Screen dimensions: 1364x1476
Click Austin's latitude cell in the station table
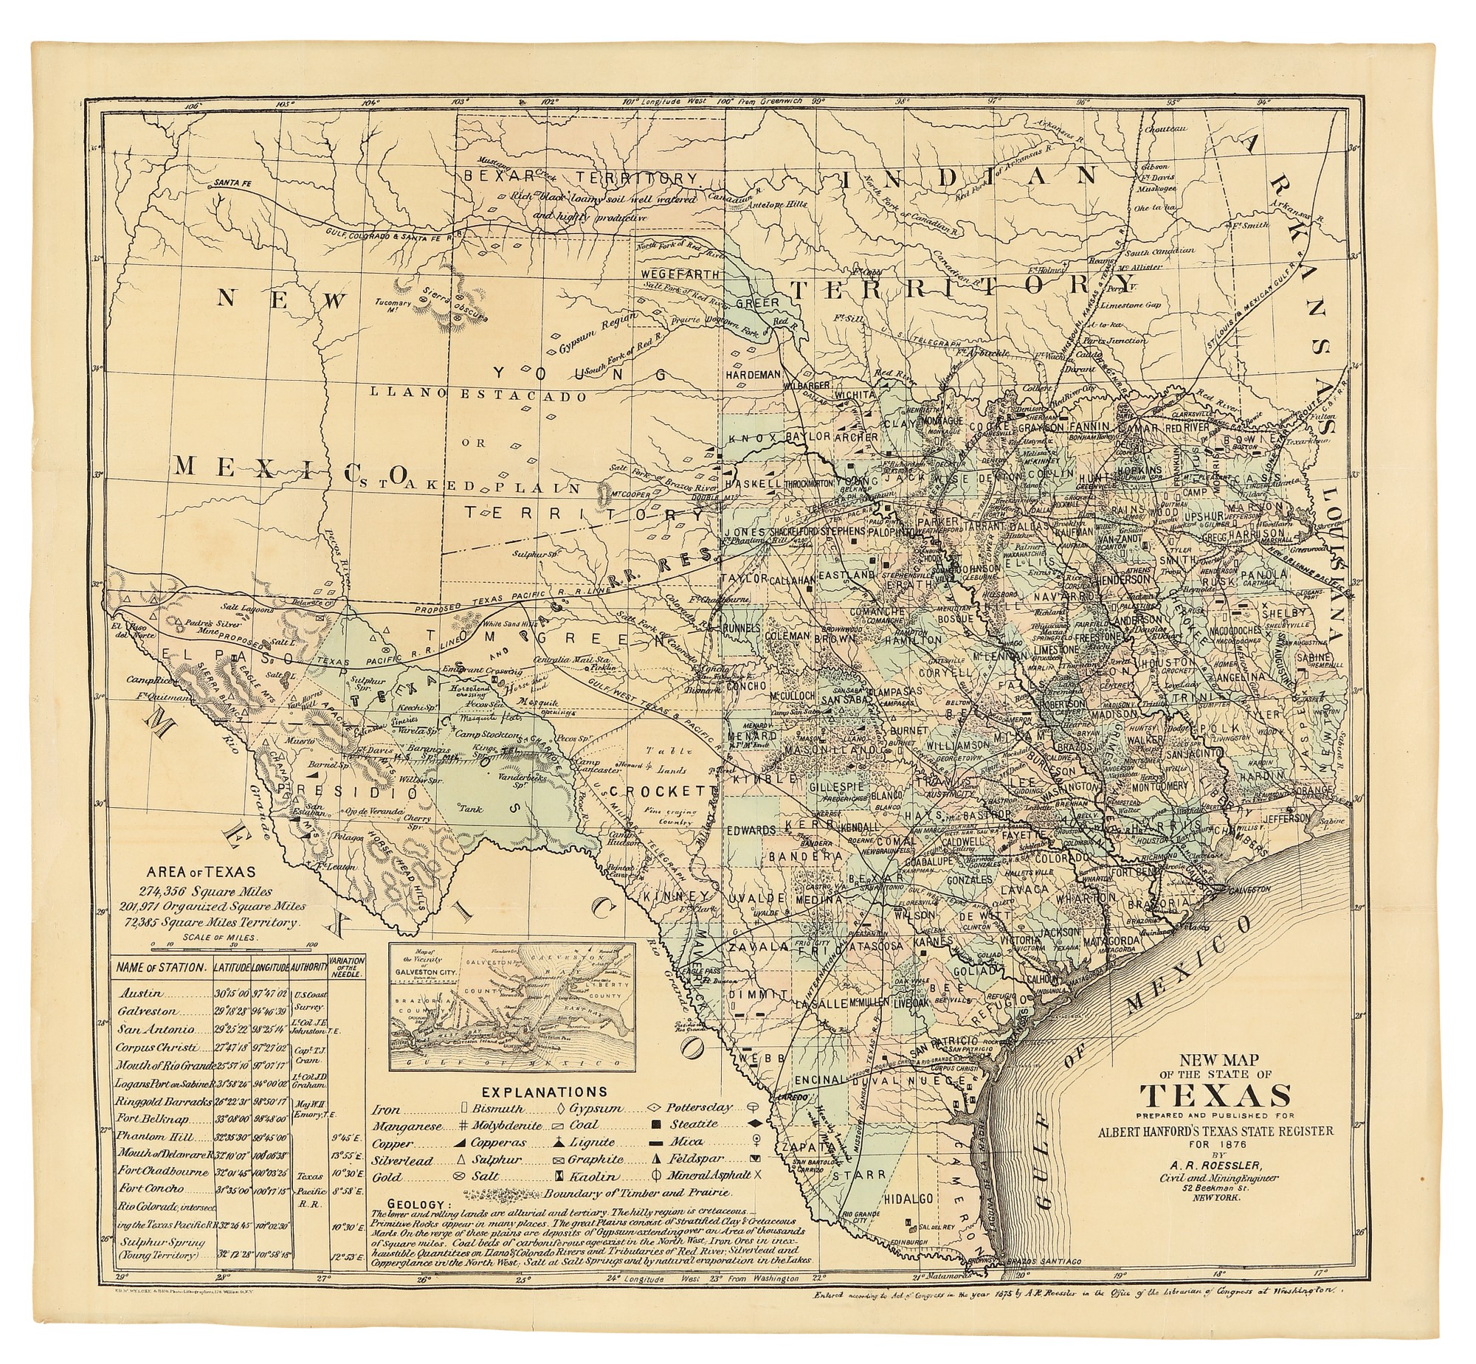click(231, 994)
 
